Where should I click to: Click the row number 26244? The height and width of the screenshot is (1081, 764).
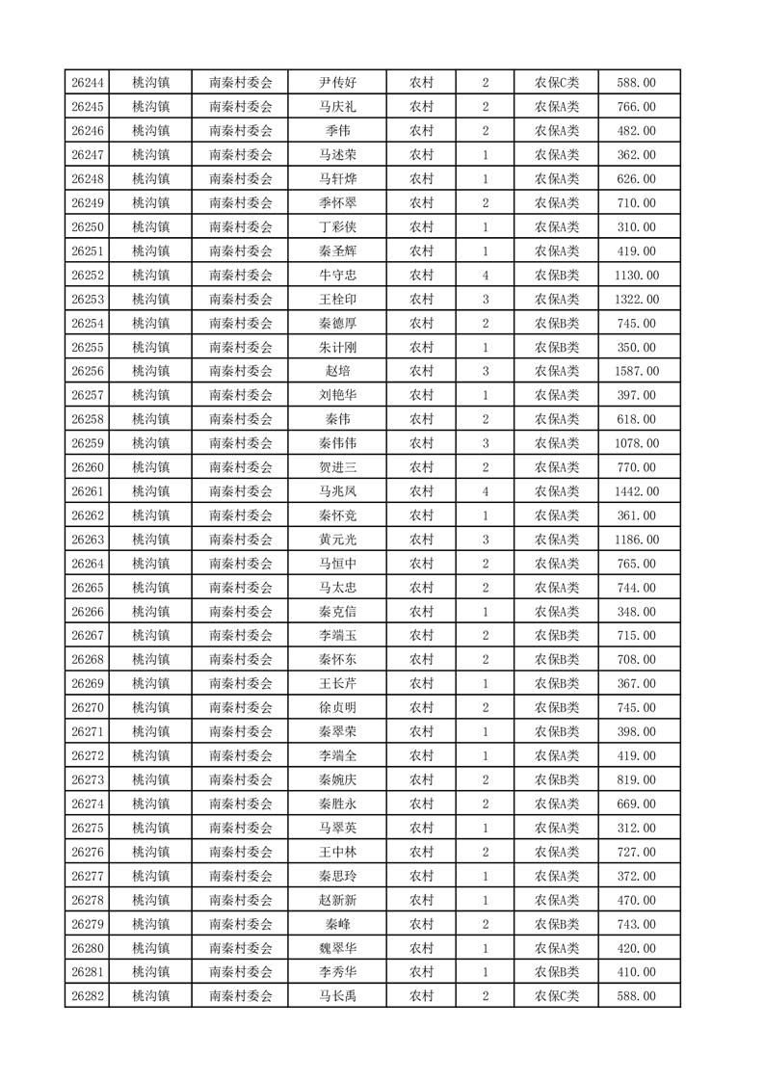[88, 83]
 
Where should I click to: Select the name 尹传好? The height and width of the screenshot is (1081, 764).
[337, 83]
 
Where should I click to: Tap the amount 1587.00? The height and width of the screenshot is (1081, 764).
[636, 371]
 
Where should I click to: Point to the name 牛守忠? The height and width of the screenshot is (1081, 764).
[337, 276]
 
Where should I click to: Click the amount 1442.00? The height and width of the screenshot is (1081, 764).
[636, 491]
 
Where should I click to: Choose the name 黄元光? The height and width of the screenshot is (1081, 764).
[337, 540]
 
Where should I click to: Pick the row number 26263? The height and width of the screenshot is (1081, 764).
[88, 540]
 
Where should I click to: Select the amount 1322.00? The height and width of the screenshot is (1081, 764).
[636, 300]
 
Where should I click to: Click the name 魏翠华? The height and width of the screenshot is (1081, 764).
[337, 948]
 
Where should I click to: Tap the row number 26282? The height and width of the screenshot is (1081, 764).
[88, 996]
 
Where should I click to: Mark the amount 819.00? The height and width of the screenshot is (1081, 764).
[636, 779]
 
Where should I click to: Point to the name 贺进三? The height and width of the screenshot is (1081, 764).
[337, 467]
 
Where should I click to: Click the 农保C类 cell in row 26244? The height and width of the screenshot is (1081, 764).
[557, 83]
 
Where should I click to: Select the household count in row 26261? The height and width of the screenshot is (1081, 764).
[485, 491]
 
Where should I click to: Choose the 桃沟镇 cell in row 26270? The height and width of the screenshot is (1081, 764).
[150, 707]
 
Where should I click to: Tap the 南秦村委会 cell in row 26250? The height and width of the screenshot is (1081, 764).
[241, 227]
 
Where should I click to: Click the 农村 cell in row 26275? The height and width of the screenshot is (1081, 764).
[421, 828]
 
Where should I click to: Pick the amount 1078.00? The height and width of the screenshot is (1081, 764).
[636, 443]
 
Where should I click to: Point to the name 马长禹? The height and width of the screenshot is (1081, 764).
[337, 996]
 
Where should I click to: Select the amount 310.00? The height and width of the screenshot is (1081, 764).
[636, 227]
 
